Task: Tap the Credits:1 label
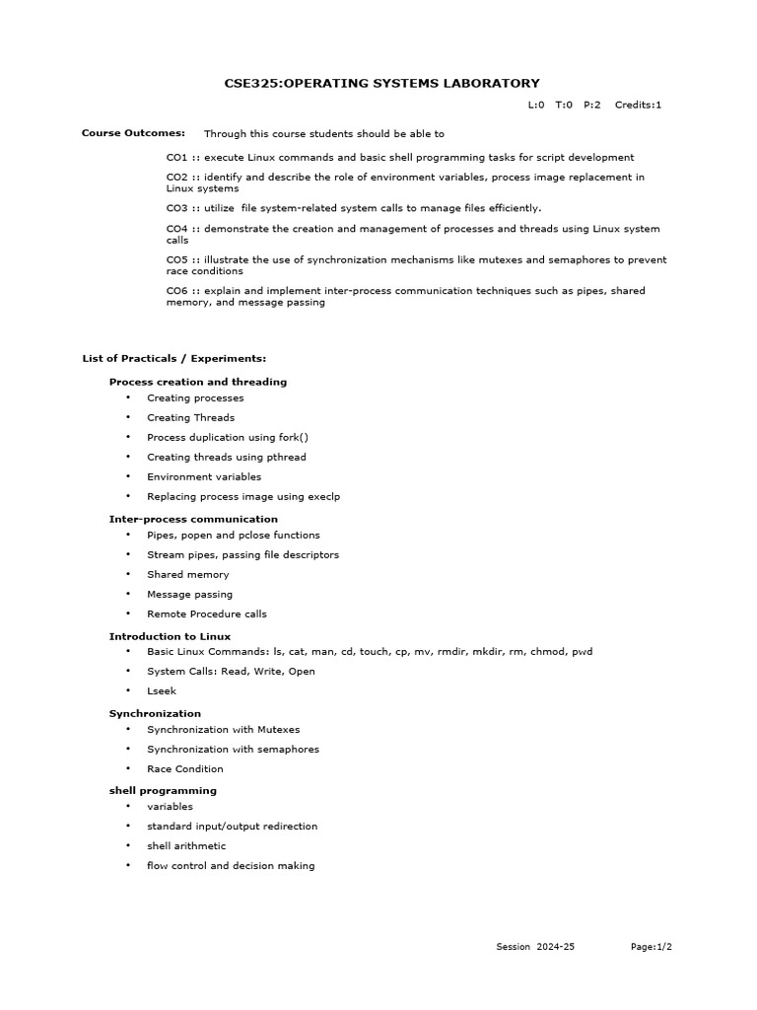click(x=638, y=105)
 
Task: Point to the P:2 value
click(x=591, y=105)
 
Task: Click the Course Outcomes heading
click(x=133, y=133)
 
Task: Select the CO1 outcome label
click(x=176, y=158)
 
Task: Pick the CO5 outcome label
click(x=176, y=260)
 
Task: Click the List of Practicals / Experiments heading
click(x=173, y=359)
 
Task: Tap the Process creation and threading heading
click(x=198, y=382)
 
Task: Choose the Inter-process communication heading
click(x=193, y=519)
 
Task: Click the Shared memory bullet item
click(x=187, y=574)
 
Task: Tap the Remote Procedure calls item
click(x=207, y=613)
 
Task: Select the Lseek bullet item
click(x=162, y=691)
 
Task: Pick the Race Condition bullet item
click(x=185, y=768)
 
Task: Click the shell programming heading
click(x=163, y=791)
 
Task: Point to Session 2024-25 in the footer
click(x=534, y=947)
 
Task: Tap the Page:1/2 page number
click(x=652, y=947)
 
